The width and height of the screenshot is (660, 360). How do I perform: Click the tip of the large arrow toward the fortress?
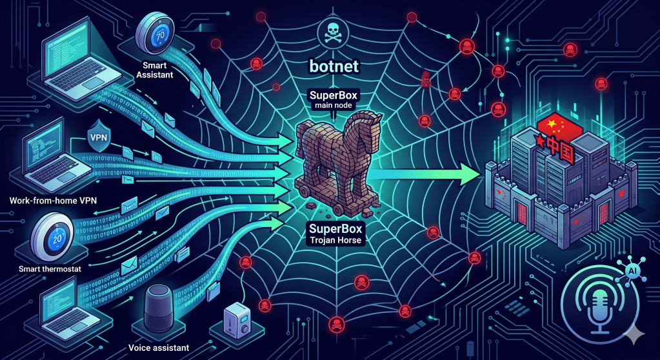[x=477, y=172]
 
